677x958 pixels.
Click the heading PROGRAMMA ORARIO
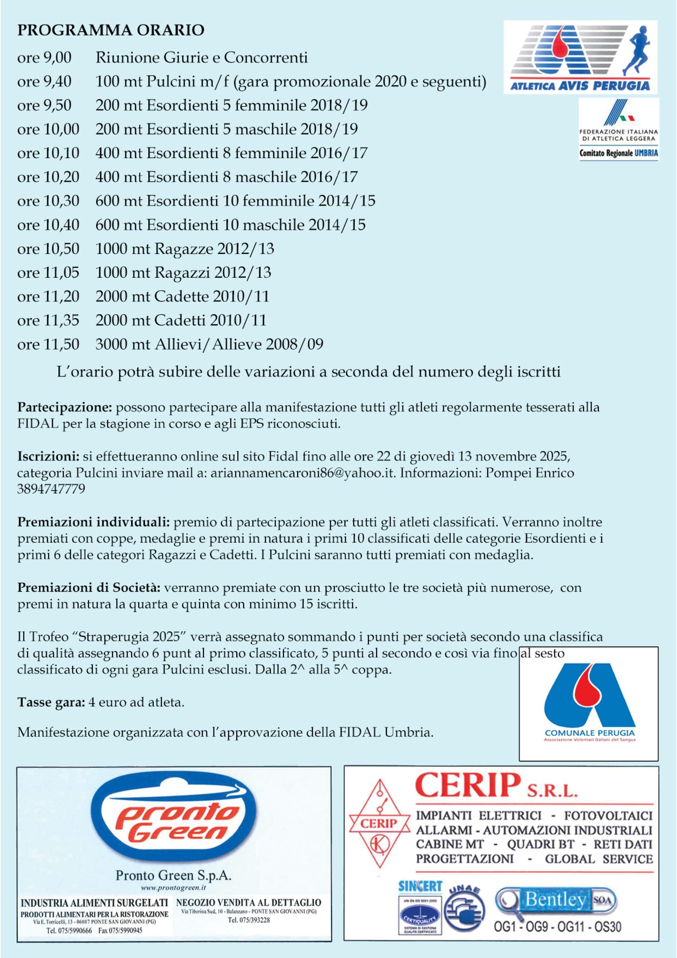pyautogui.click(x=111, y=30)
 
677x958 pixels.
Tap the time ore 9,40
pyautogui.click(x=44, y=82)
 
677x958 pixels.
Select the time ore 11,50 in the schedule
pyautogui.click(x=48, y=345)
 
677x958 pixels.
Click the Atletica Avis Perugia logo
pyautogui.click(x=580, y=57)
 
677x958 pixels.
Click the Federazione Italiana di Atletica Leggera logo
pyautogui.click(x=619, y=129)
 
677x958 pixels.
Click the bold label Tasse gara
pyautogui.click(x=51, y=703)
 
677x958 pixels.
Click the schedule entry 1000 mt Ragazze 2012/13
pyautogui.click(x=185, y=249)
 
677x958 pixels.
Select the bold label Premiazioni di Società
pyautogui.click(x=88, y=588)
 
